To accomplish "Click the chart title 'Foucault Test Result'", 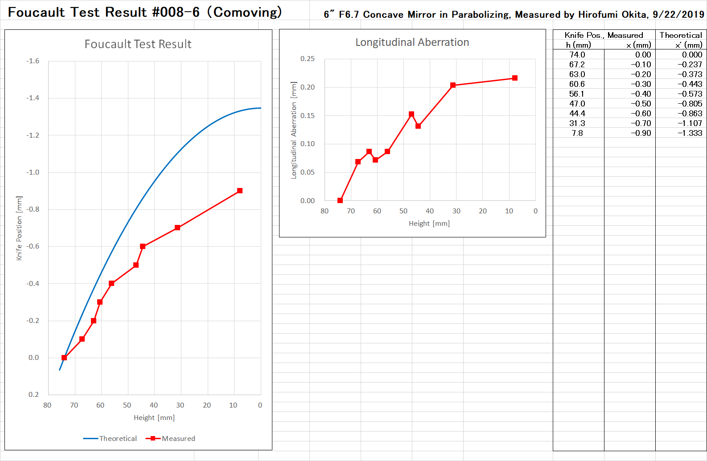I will (138, 44).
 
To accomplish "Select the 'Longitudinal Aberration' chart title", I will (412, 42).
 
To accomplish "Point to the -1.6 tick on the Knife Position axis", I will (33, 61).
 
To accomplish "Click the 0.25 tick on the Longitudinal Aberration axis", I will (307, 59).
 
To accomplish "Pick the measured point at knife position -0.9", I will (240, 191).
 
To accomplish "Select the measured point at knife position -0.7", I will (177, 228).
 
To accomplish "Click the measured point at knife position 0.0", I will (64, 358).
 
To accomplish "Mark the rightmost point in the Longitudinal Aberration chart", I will (515, 78).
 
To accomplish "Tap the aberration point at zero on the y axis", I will (340, 200).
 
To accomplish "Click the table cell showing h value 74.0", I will (577, 55).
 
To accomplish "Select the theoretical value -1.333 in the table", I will (690, 133).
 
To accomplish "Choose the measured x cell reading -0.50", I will (641, 104).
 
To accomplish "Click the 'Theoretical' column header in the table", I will (681, 35).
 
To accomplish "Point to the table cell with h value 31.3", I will (577, 123).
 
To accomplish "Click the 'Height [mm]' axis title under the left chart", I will (154, 418).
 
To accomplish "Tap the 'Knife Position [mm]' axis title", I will (19, 228).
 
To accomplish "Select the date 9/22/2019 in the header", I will (678, 15).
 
